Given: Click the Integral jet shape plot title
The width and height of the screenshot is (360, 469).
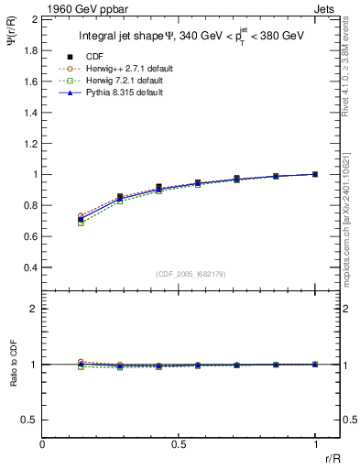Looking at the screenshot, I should pyautogui.click(x=191, y=37).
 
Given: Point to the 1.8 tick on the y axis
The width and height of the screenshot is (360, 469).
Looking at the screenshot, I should pyautogui.click(x=30, y=49).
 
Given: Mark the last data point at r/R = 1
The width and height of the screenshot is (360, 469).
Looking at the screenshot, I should pyautogui.click(x=315, y=174).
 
